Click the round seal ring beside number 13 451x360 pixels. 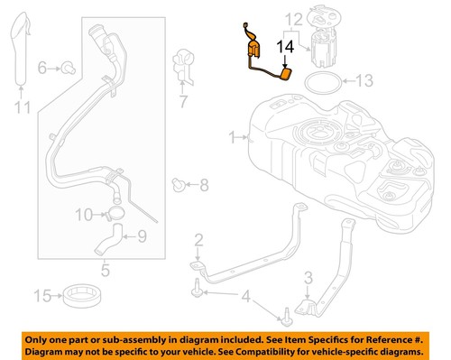321,83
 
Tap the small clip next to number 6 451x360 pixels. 68,67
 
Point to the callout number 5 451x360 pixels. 106,268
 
